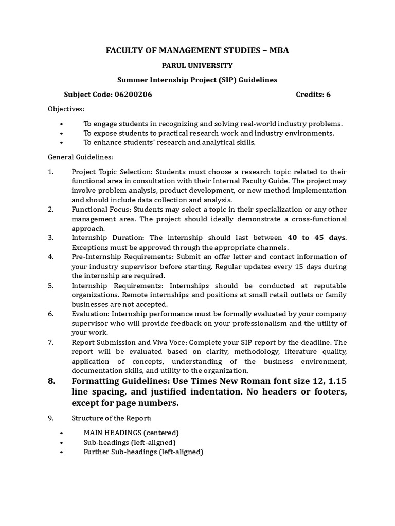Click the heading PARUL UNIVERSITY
pyautogui.click(x=198, y=65)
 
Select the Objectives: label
pyautogui.click(x=66, y=109)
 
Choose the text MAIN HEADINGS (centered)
pyautogui.click(x=131, y=433)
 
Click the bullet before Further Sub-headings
pyautogui.click(x=62, y=452)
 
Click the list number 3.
pyautogui.click(x=51, y=238)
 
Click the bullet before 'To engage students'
pyautogui.click(x=62, y=124)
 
